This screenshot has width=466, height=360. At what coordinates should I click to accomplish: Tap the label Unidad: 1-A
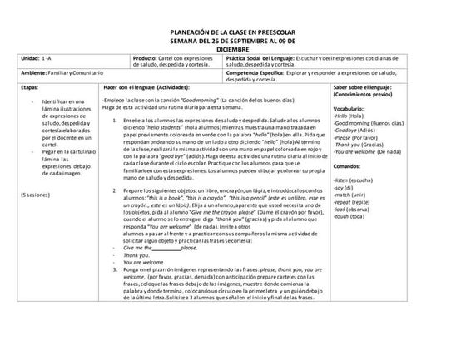pyautogui.click(x=36, y=60)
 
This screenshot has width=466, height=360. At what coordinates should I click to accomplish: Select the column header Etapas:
pyautogui.click(x=28, y=86)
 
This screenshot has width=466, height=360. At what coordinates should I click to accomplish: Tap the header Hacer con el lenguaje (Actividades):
pyautogui.click(x=147, y=86)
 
